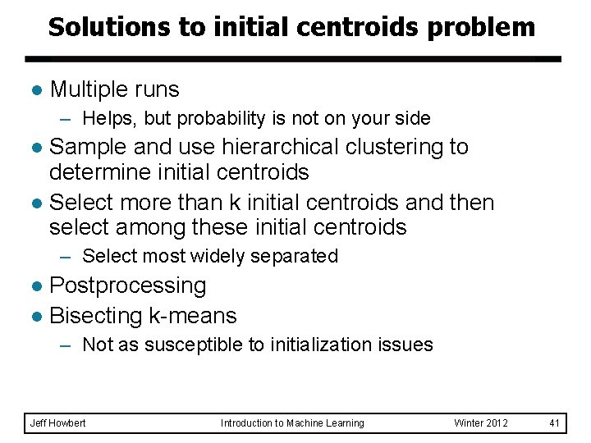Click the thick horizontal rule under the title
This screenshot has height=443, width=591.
pos(292,59)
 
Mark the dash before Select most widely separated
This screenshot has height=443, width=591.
pos(68,256)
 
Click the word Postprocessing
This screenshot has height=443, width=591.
pos(128,285)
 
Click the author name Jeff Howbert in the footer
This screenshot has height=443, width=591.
pos(57,422)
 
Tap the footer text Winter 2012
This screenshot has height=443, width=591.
pos(481,422)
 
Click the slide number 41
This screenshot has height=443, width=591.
pos(554,422)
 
